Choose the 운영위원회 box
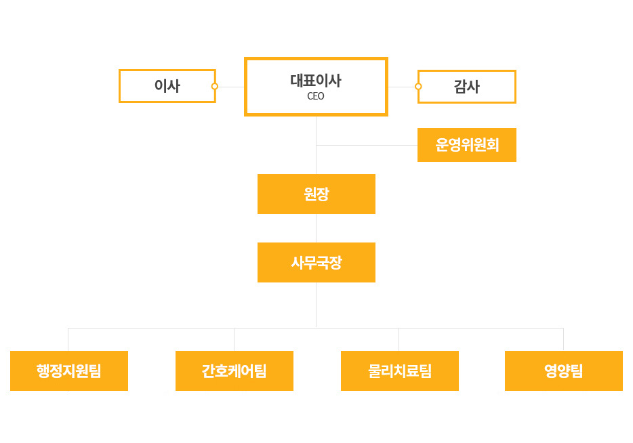point(467,145)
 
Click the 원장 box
point(316,194)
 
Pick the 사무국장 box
point(316,262)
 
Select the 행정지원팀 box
point(69,371)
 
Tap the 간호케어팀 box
point(234,371)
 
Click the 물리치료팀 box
point(400,371)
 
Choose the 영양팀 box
point(564,371)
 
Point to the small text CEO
point(316,96)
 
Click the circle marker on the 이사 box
point(215,86)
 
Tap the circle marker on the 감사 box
point(418,86)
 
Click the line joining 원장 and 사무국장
point(316,228)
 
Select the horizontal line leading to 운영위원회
point(367,145)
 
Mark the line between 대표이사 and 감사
point(402,87)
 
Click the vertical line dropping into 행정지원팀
point(68,340)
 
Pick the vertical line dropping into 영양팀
point(564,340)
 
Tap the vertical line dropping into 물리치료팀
point(399,340)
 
